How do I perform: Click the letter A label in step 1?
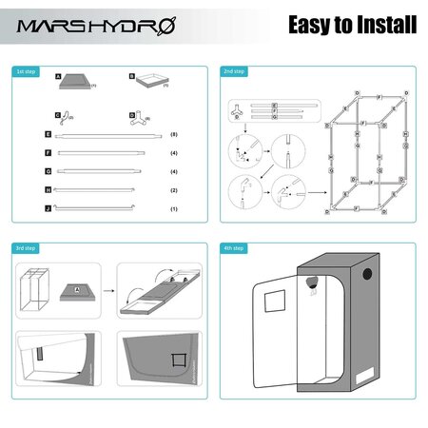point(58,75)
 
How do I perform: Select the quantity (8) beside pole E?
point(173,136)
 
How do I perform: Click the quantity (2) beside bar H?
point(173,190)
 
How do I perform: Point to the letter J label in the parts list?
point(48,207)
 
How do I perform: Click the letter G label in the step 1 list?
point(48,171)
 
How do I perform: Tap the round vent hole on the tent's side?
point(310,281)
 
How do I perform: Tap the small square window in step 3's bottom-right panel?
point(177,359)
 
